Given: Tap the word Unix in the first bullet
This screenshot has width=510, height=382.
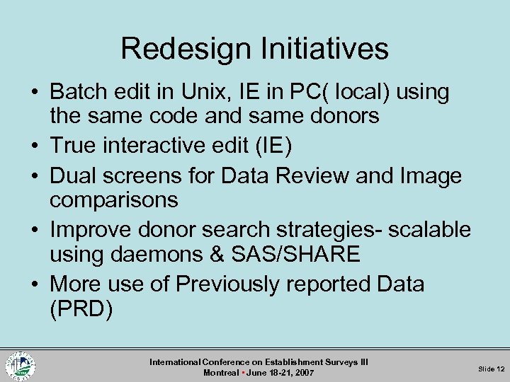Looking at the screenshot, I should pos(210,92).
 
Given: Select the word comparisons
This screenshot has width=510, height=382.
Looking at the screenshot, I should pos(113,200).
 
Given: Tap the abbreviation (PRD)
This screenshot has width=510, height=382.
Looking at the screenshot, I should pos(81,309).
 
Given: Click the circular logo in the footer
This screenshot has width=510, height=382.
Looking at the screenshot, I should pos(21,365).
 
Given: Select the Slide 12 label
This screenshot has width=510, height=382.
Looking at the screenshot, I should pos(491,369).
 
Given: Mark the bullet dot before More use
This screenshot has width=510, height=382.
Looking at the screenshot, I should pos(36,284).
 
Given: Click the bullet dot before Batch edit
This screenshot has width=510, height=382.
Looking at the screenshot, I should pos(36,92).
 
